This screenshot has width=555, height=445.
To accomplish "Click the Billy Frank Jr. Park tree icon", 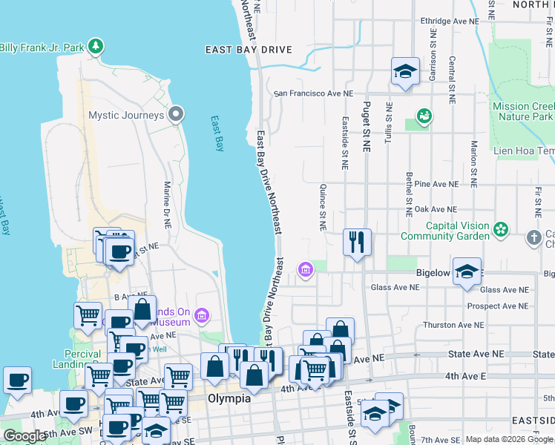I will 95,47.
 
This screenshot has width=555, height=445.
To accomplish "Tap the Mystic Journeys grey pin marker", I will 176,114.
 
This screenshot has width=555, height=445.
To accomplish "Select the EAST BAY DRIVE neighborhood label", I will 249,50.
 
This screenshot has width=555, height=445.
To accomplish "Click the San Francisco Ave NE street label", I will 313,94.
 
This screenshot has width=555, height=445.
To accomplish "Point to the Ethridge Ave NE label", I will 450,22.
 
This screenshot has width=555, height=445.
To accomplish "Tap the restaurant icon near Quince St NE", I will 357,242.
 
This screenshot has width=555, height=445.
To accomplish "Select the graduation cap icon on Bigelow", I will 467,271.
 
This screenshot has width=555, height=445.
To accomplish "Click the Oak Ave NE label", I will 436,210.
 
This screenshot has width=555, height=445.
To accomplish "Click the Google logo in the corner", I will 24,437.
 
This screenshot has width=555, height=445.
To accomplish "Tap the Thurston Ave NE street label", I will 453,325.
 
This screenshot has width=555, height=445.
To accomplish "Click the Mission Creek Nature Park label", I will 523,111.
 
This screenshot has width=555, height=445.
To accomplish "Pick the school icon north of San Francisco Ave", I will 405,71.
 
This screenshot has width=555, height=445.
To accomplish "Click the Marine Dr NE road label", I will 167,204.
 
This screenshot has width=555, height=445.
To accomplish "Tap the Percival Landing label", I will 75,357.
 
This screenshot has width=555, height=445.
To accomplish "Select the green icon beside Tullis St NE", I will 424,115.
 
